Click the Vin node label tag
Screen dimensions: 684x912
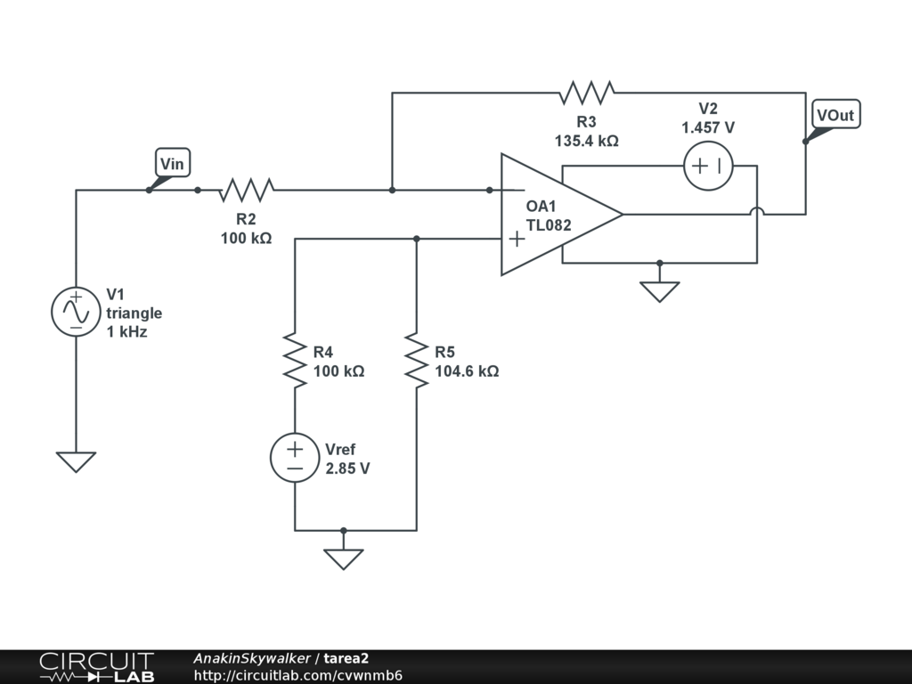pos(173,164)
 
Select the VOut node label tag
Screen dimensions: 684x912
pos(836,115)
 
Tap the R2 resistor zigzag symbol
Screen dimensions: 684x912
pos(247,190)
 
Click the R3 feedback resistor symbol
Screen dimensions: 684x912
pos(586,92)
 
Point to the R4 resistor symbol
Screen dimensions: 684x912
pos(295,360)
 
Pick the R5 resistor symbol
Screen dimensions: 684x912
pos(416,360)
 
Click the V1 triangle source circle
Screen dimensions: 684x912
pos(77,312)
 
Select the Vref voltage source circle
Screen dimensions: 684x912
pos(295,458)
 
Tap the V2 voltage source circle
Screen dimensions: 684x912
pos(708,166)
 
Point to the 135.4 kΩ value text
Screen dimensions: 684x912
pos(586,141)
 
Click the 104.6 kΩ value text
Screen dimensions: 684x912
pos(467,371)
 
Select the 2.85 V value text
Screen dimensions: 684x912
pos(347,468)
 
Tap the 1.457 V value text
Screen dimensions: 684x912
pos(708,128)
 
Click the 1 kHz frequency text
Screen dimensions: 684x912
pos(126,332)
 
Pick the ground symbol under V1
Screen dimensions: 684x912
pos(77,461)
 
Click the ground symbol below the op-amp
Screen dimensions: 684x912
pos(659,291)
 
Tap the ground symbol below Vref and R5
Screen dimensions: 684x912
pos(343,558)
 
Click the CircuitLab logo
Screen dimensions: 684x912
pos(95,667)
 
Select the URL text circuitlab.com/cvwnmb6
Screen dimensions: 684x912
pos(298,675)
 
